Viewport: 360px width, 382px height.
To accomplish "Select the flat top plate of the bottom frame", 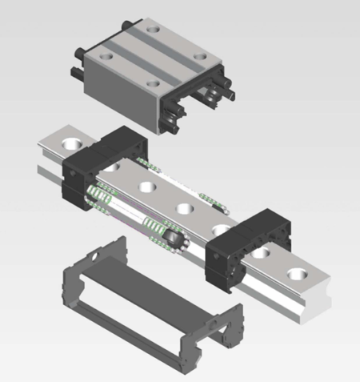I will (x=152, y=276).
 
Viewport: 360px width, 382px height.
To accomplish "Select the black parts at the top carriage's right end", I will (x=216, y=100).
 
